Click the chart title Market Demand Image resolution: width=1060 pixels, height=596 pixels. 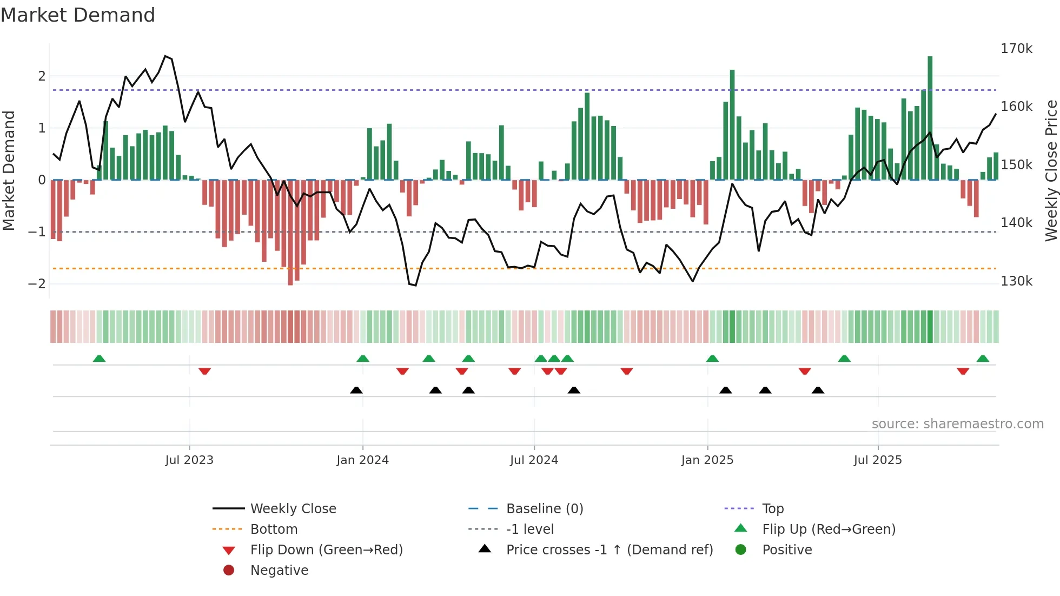pyautogui.click(x=78, y=15)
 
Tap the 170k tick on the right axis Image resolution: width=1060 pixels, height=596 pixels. pyautogui.click(x=1016, y=49)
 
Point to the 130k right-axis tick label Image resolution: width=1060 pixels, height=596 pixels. pyautogui.click(x=1016, y=281)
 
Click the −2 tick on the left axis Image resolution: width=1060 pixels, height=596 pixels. pyautogui.click(x=37, y=284)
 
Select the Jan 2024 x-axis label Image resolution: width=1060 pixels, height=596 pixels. pyautogui.click(x=362, y=460)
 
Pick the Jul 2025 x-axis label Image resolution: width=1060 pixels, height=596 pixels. pyautogui.click(x=878, y=460)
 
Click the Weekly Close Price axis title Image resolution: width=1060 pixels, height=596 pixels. pyautogui.click(x=1051, y=170)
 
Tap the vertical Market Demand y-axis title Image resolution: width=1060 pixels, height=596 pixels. pyautogui.click(x=9, y=170)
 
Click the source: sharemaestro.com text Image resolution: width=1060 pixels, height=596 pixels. pyautogui.click(x=957, y=424)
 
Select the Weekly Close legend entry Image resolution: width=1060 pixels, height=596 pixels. pyautogui.click(x=293, y=509)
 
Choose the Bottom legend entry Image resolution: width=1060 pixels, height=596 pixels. pyautogui.click(x=274, y=529)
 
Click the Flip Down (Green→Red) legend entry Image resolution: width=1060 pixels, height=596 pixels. pyautogui.click(x=326, y=550)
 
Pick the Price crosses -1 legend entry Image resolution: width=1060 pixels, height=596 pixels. pyautogui.click(x=609, y=550)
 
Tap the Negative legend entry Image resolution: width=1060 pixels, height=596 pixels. pyautogui.click(x=279, y=571)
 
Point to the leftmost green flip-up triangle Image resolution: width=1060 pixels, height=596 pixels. pyautogui.click(x=99, y=359)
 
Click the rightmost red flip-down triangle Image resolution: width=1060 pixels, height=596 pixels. pyautogui.click(x=963, y=371)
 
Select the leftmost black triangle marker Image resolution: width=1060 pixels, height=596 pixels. pyautogui.click(x=356, y=390)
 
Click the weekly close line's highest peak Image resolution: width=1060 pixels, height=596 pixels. pyautogui.click(x=165, y=56)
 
